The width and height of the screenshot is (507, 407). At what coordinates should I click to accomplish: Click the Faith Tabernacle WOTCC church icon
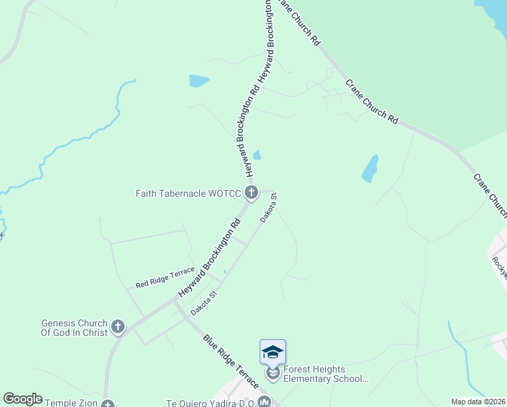pos(251,193)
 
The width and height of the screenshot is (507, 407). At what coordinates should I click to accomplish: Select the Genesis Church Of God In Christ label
pos(75,328)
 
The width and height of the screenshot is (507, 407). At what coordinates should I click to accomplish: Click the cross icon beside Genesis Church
pos(118,328)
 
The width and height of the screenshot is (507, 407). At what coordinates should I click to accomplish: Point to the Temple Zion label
pos(70,403)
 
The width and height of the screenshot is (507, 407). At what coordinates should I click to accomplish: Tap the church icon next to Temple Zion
pos(108,404)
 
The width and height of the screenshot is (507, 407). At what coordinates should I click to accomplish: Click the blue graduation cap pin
pos(272,351)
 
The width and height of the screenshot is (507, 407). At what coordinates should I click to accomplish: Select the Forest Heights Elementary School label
pos(325,374)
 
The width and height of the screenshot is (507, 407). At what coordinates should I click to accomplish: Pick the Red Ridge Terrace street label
pos(165,278)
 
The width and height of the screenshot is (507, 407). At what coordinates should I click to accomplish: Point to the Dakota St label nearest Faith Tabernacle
pos(269,208)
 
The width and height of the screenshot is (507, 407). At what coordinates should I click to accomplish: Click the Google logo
pos(22,399)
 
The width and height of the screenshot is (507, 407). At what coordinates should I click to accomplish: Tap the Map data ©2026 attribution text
pos(478,402)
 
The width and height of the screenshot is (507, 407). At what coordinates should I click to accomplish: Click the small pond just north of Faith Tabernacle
pos(257,155)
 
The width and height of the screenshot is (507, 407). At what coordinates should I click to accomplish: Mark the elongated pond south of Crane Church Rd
pos(369,169)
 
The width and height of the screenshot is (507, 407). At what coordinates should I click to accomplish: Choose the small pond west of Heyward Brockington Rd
pos(199,81)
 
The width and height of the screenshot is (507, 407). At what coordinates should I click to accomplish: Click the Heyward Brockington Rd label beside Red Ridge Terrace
pos(211,258)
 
